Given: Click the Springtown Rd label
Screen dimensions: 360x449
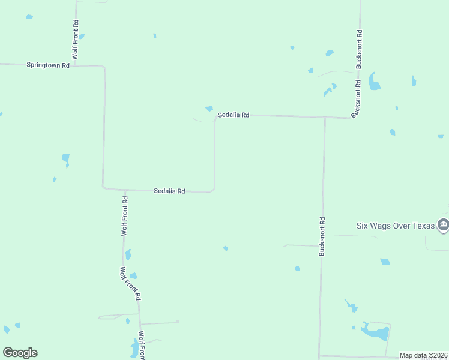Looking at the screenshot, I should pyautogui.click(x=48, y=65).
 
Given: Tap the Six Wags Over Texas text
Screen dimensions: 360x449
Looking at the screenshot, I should pyautogui.click(x=395, y=226).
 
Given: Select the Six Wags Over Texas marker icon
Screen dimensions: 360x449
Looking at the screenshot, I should pyautogui.click(x=443, y=225).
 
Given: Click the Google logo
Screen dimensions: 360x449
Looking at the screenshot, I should pyautogui.click(x=20, y=353).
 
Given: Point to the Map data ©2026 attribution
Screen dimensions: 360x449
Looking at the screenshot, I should pyautogui.click(x=424, y=355).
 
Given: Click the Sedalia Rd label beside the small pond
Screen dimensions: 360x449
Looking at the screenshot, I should pyautogui.click(x=233, y=115).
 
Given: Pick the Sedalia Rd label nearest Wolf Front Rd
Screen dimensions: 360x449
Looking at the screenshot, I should pyautogui.click(x=169, y=191).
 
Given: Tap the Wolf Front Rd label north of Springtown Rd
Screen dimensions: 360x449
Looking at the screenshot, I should pyautogui.click(x=76, y=38).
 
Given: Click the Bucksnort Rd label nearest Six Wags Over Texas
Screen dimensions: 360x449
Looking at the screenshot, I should pyautogui.click(x=322, y=236).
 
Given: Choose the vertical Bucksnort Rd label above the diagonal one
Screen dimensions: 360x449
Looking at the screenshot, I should pyautogui.click(x=359, y=48).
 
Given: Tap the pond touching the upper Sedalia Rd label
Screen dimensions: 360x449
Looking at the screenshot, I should pyautogui.click(x=209, y=109).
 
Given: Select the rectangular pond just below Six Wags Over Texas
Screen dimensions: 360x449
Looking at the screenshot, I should pyautogui.click(x=385, y=262).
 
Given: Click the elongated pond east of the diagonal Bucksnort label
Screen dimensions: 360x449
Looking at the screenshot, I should pyautogui.click(x=373, y=82).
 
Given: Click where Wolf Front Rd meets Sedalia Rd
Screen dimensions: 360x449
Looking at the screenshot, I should pyautogui.click(x=125, y=190).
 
